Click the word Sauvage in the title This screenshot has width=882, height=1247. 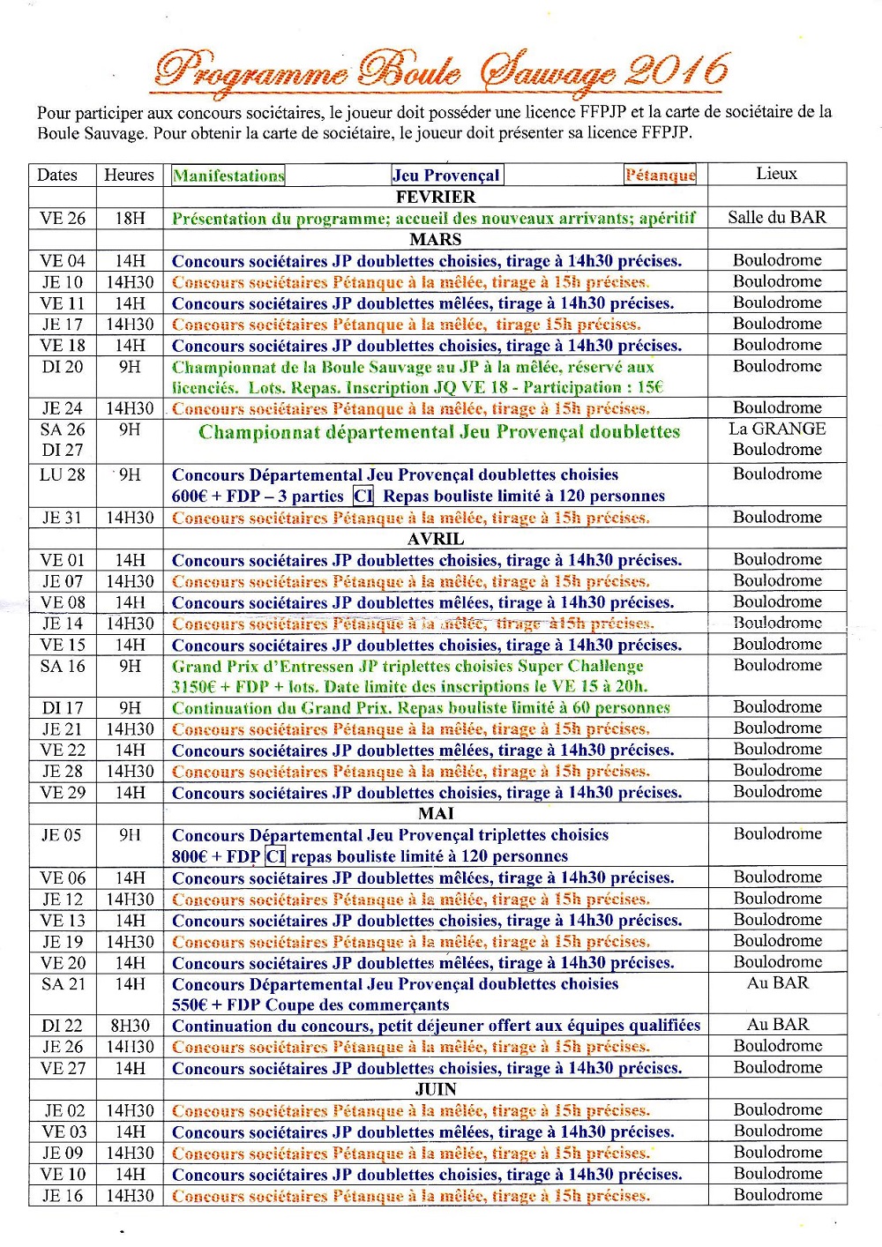(547, 72)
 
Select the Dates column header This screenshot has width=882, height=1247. (57, 175)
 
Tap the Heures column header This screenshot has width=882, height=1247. (129, 175)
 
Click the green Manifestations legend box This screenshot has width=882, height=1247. (228, 175)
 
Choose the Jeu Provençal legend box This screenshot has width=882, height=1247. (447, 175)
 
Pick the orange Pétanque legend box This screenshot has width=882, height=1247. (660, 175)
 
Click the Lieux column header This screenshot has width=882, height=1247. (776, 174)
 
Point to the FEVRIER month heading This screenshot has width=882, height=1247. (436, 197)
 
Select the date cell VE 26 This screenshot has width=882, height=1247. (63, 218)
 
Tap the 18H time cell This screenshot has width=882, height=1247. (130, 218)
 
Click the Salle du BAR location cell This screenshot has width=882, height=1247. (776, 217)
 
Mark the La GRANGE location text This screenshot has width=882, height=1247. (777, 429)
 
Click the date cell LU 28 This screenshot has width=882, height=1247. (63, 474)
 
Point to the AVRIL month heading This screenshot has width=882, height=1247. (436, 539)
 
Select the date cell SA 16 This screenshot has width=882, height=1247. (63, 666)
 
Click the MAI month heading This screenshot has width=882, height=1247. (436, 813)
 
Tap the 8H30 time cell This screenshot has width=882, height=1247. (130, 1026)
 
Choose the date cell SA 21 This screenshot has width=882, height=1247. (63, 983)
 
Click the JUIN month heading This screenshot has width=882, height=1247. (436, 1089)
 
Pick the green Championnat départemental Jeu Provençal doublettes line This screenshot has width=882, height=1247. (439, 432)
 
